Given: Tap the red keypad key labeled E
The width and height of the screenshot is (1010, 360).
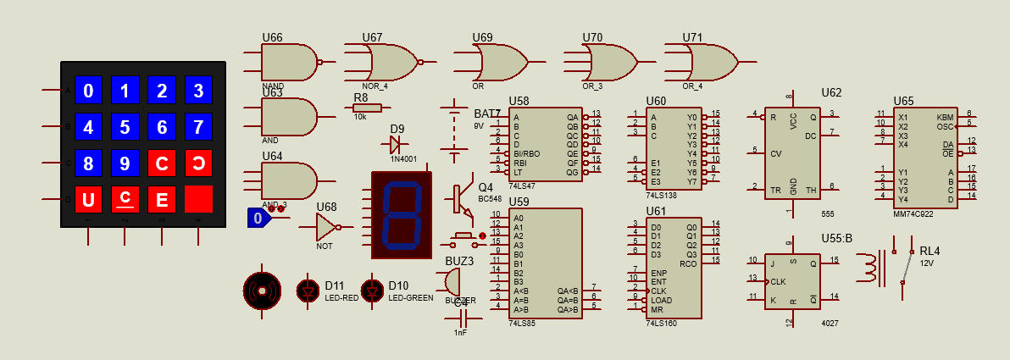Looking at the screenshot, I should [x=162, y=199].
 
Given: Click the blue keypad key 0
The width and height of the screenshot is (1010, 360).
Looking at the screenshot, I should [x=89, y=90].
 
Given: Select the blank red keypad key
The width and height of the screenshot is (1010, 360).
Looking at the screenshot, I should [x=198, y=199].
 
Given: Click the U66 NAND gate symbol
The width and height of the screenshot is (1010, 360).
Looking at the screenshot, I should [x=288, y=63].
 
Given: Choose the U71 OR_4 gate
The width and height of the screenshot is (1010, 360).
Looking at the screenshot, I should [x=711, y=63].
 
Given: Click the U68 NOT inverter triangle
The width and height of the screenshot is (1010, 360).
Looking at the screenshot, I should [x=327, y=227].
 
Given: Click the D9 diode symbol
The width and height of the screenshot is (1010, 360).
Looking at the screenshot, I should [x=396, y=144].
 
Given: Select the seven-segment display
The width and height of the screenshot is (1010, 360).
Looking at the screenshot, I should [x=402, y=215].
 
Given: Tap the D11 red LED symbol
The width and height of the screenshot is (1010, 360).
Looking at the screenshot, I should [x=307, y=291].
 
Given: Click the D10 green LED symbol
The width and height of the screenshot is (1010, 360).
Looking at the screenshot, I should [x=371, y=291].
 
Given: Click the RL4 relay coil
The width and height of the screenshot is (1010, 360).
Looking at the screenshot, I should [x=869, y=268].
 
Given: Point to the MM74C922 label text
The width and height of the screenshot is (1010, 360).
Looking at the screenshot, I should [x=914, y=214].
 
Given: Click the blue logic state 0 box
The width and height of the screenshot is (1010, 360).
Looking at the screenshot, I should [x=258, y=219].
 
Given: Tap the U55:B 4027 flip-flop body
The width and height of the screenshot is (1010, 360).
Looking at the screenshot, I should [x=791, y=281].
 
